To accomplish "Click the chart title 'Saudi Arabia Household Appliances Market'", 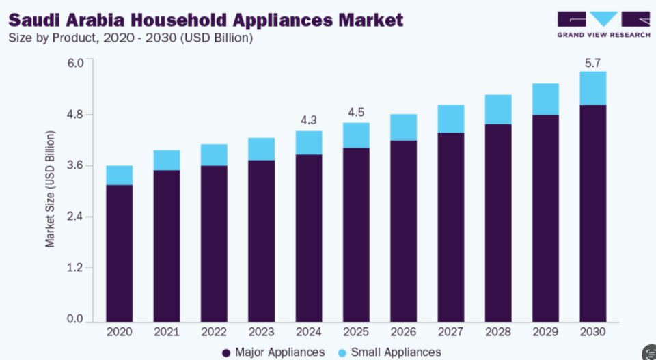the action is (206, 20).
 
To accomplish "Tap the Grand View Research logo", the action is (603, 25).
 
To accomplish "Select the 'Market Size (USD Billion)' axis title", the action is (50, 189).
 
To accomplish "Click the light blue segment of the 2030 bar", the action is (593, 88).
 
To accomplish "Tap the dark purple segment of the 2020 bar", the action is (119, 253).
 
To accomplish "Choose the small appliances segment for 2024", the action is (309, 143).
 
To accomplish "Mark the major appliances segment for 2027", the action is (451, 227).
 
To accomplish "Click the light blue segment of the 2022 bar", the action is (214, 154).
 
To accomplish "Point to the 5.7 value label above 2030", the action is (593, 63).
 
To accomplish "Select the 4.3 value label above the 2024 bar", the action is (309, 120).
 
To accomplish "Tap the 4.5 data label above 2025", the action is (356, 112).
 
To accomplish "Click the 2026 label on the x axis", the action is (404, 332).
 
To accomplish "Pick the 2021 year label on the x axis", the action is (167, 332).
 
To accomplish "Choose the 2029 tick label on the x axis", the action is (545, 332).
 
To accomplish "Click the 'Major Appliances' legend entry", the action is (273, 352).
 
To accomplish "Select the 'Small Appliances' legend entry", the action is (389, 352).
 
